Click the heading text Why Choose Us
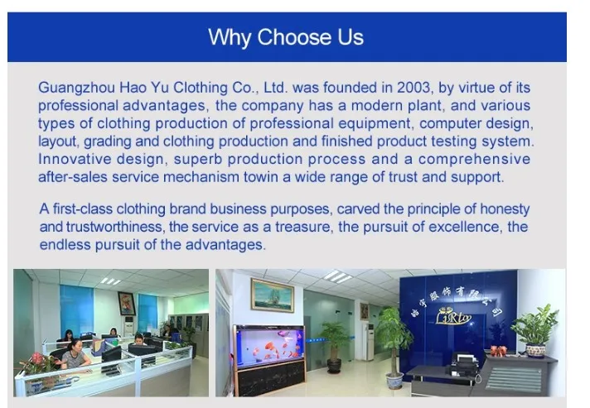(286, 37)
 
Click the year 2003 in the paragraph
(413, 88)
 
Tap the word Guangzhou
(77, 89)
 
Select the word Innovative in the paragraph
(75, 159)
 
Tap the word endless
(65, 245)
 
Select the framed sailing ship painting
(273, 295)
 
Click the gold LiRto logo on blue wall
(453, 317)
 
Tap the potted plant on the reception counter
(535, 330)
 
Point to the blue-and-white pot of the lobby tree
(394, 382)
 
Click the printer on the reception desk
(464, 364)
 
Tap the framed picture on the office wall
(127, 304)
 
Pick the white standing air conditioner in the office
(128, 326)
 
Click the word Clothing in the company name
(201, 89)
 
